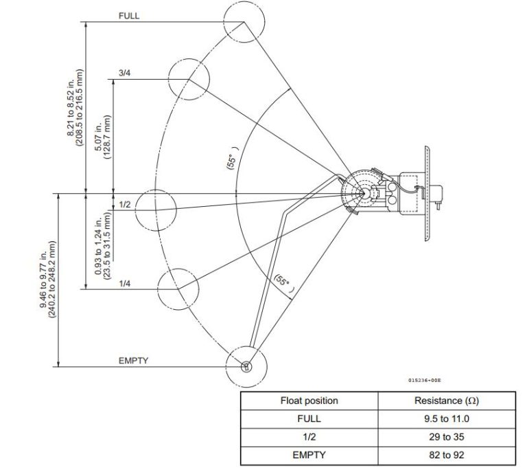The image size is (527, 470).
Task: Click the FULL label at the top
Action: [128, 16]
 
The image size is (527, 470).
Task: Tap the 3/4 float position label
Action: [124, 73]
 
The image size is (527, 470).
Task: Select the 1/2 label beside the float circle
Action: [124, 204]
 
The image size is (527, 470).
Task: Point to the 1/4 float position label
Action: [124, 283]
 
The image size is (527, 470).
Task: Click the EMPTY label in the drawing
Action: [133, 360]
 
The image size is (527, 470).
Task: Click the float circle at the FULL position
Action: [244, 21]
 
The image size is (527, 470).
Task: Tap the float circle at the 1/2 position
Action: [156, 210]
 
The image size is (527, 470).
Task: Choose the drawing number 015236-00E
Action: [424, 379]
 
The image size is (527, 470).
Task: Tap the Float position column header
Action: [309, 401]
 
